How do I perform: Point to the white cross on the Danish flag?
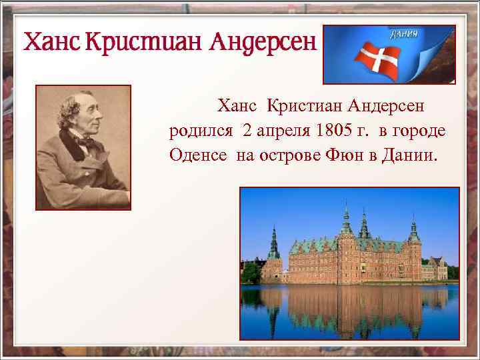(x=377, y=59)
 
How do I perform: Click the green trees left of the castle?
(x=251, y=271)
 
